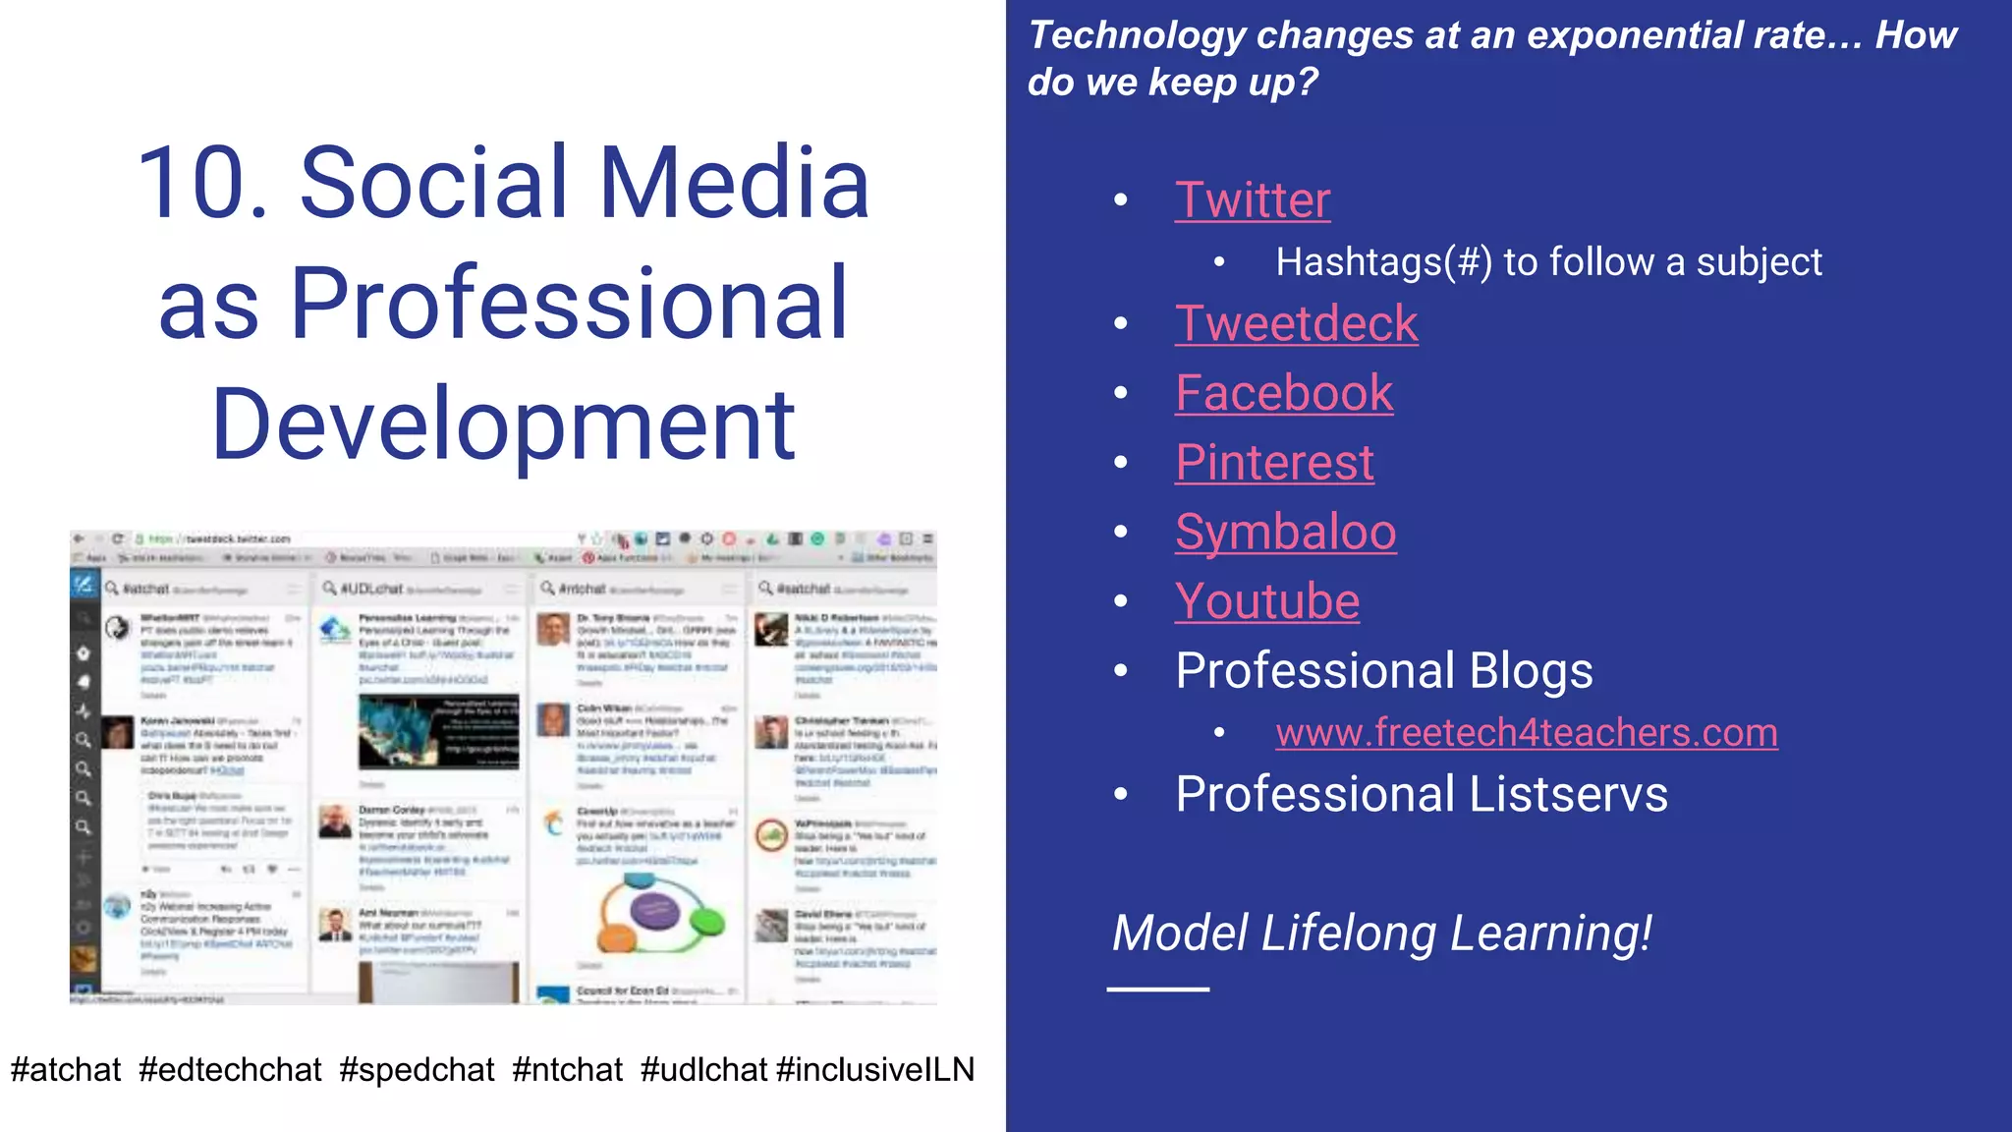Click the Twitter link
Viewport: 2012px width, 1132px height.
click(1253, 200)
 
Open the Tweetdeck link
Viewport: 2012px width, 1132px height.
click(1296, 324)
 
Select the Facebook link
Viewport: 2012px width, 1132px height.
click(1284, 393)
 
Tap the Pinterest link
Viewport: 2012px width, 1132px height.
click(1274, 463)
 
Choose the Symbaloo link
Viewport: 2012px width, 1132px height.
click(1285, 533)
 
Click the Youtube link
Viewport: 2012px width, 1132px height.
click(1267, 601)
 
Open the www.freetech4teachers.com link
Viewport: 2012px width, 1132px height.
click(1526, 733)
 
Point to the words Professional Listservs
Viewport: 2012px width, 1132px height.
click(1421, 794)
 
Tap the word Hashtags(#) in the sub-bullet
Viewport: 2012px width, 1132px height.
click(1383, 262)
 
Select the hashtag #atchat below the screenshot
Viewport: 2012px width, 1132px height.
click(66, 1069)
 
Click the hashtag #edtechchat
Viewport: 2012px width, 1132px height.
click(230, 1069)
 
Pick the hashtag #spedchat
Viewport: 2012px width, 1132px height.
click(417, 1069)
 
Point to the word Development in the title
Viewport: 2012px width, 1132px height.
click(503, 424)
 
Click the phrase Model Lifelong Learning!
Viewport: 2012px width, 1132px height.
click(1381, 934)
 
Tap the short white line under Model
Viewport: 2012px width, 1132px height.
click(1157, 990)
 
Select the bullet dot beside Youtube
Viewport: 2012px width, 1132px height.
click(1121, 601)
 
